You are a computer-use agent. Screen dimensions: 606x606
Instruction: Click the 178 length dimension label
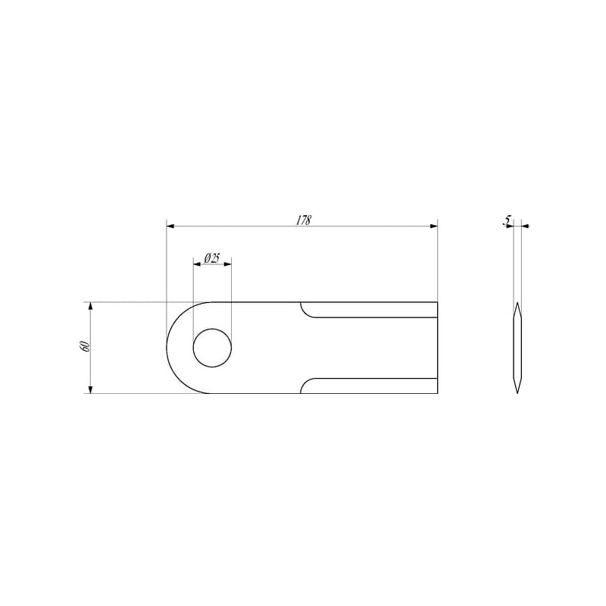point(304,220)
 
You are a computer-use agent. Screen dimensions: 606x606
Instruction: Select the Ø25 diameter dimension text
point(212,258)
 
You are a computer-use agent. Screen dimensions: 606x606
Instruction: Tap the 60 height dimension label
point(86,346)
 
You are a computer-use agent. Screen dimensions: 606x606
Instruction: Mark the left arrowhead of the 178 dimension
point(170,226)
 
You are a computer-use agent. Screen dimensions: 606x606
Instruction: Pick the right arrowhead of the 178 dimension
point(433,226)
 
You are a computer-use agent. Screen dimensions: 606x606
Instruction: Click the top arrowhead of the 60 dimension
point(90,306)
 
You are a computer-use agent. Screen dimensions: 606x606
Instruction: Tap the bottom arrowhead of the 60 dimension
point(90,389)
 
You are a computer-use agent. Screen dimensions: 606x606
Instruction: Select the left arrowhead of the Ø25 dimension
point(197,264)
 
